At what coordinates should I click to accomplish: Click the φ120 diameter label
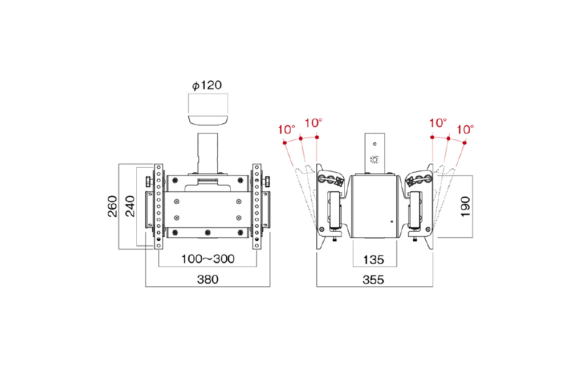click(x=207, y=86)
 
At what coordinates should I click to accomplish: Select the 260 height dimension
click(x=112, y=207)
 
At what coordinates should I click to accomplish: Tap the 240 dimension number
click(x=130, y=207)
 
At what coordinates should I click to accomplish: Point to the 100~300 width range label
click(x=207, y=259)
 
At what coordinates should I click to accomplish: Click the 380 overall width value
click(x=207, y=280)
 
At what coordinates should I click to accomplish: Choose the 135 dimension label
click(x=373, y=260)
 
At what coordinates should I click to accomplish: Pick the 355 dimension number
click(x=373, y=280)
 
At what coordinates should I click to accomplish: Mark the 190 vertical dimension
click(x=465, y=207)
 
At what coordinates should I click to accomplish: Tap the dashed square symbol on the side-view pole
click(x=374, y=159)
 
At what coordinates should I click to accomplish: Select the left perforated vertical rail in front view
click(x=158, y=207)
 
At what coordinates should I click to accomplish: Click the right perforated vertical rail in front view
click(x=256, y=207)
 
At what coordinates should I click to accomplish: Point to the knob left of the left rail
click(x=149, y=181)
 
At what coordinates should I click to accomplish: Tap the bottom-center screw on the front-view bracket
click(x=207, y=232)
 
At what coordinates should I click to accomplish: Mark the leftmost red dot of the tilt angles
click(x=284, y=143)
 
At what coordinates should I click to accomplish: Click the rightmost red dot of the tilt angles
click(x=465, y=143)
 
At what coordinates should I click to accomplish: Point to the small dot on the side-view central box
click(x=392, y=221)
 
